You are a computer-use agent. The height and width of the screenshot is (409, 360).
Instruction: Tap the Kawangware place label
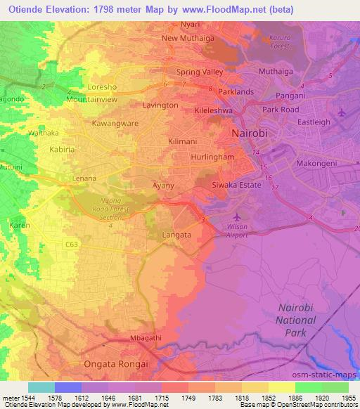tap(115, 122)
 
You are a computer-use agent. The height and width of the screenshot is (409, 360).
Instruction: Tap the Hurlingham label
tap(212, 157)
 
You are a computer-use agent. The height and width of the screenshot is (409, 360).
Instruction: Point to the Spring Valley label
tap(200, 72)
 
